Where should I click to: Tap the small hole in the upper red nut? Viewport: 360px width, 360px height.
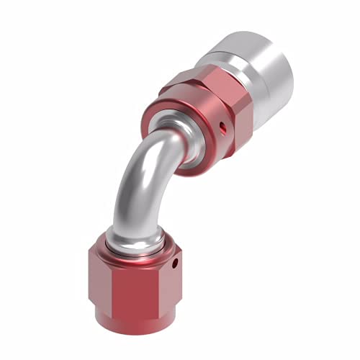223,130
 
